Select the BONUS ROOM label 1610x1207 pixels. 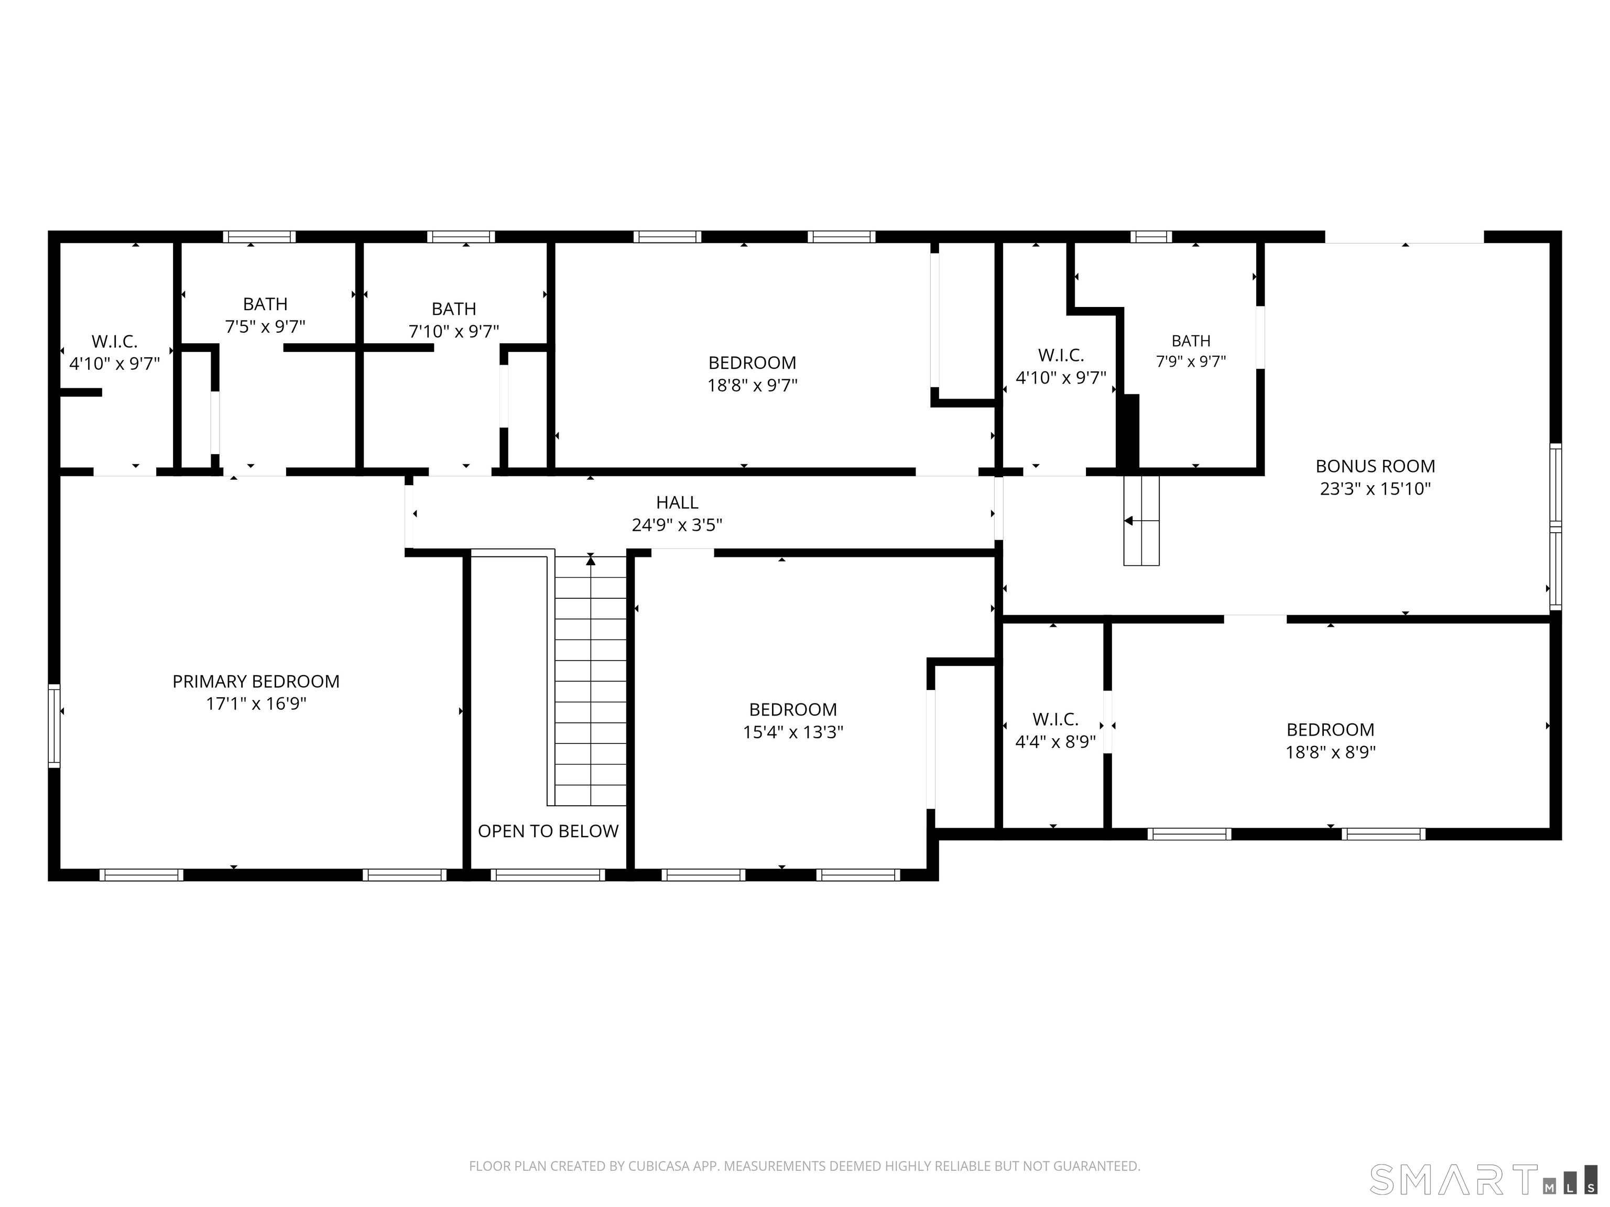coord(1375,466)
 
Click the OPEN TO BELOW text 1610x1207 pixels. coord(548,831)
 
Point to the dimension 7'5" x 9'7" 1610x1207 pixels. coord(265,327)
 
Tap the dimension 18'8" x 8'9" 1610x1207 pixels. coord(1331,752)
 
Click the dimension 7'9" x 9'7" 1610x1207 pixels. coord(1191,361)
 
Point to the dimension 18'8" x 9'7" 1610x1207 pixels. coord(753,385)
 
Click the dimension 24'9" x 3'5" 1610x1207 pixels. coord(677,524)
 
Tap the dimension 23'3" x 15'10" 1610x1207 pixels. coord(1375,488)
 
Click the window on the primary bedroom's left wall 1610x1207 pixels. coord(55,726)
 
